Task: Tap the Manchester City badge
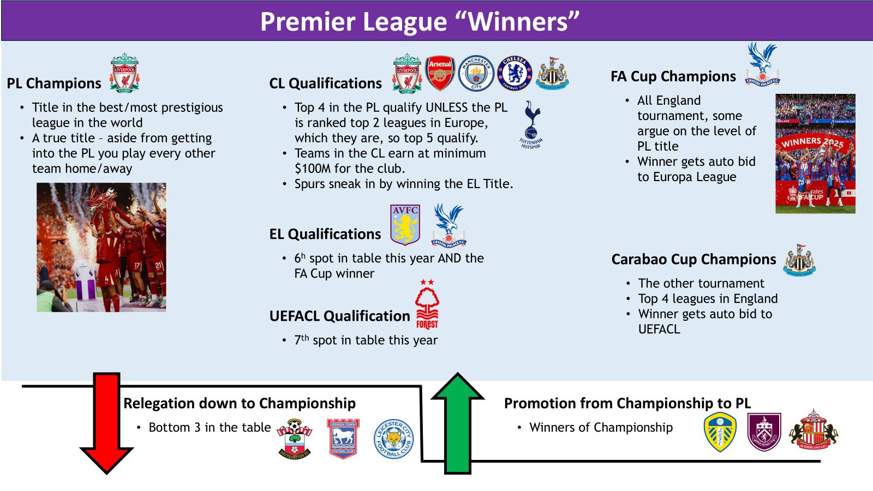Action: click(x=476, y=73)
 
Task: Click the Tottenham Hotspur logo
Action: click(x=531, y=125)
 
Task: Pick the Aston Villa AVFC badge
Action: click(x=405, y=225)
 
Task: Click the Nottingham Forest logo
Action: click(x=427, y=304)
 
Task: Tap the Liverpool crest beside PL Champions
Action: click(x=124, y=73)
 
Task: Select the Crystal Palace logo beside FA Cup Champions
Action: click(x=763, y=64)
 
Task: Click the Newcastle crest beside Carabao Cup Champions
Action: click(x=800, y=260)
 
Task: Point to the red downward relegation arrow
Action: click(x=106, y=423)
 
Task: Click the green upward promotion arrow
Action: click(x=458, y=423)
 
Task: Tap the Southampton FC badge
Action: click(x=295, y=439)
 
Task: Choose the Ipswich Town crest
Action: click(x=343, y=439)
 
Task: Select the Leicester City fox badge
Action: click(x=393, y=439)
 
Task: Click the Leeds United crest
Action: click(x=720, y=432)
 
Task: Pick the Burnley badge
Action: click(x=764, y=432)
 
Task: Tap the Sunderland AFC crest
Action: click(x=814, y=429)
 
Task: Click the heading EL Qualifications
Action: click(x=325, y=234)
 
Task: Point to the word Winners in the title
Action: click(x=518, y=21)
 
